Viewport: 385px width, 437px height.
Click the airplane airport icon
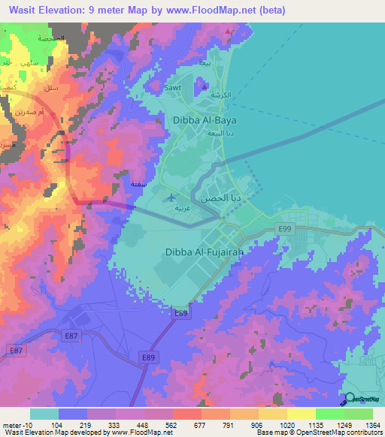coord(175,197)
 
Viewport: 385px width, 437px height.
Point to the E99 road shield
coord(284,229)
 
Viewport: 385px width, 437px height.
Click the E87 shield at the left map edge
coord(15,350)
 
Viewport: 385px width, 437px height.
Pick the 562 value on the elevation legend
coord(171,424)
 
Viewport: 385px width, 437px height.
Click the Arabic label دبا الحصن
coord(220,199)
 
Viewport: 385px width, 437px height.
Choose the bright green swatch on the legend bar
coord(329,414)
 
